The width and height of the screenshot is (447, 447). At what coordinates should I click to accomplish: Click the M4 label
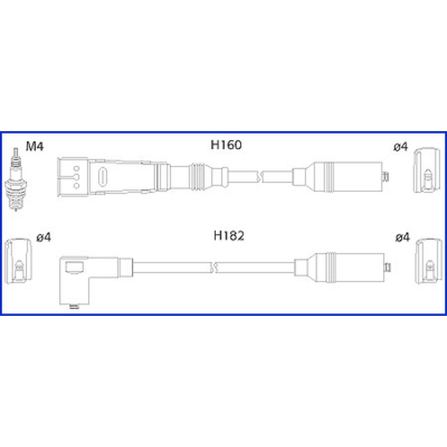(35, 146)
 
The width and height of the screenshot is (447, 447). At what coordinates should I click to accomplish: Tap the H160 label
(226, 145)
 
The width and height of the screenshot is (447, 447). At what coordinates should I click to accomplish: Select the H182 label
(229, 236)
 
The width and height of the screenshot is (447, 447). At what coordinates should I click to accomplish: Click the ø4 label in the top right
(401, 147)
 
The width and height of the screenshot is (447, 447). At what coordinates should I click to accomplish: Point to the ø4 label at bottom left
(44, 237)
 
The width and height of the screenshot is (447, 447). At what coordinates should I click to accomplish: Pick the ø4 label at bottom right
(402, 237)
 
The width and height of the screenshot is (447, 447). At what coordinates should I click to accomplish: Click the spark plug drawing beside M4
(16, 179)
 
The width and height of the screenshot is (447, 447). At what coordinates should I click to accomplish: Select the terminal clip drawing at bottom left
(18, 261)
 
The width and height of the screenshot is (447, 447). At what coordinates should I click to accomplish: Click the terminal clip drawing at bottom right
(429, 261)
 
